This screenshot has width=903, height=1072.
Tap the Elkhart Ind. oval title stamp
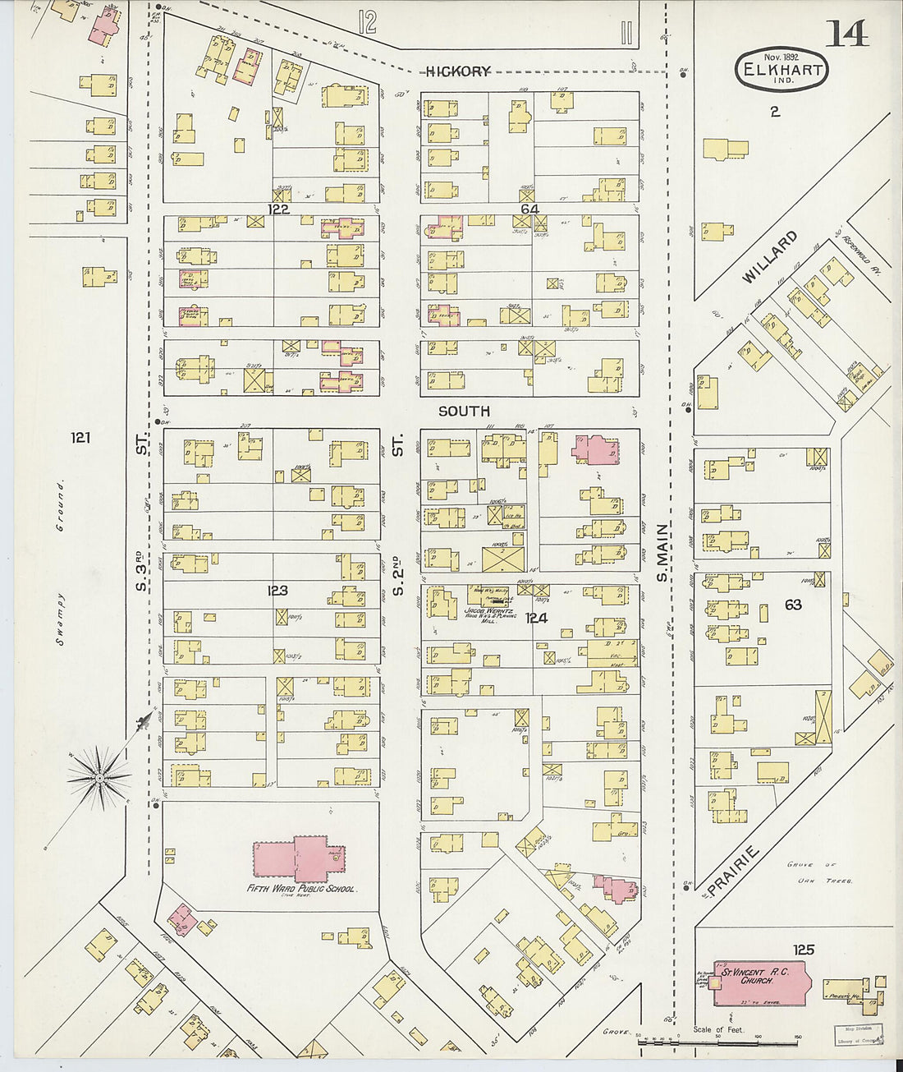(x=781, y=69)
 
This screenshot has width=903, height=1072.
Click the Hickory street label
(x=458, y=71)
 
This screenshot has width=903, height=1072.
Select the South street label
(x=464, y=411)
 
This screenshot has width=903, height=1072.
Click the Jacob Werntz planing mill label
(x=488, y=614)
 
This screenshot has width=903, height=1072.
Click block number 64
(x=529, y=210)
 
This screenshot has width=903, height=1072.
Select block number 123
(x=277, y=590)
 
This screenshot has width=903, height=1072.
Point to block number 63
(x=792, y=605)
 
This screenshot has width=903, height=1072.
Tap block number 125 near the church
(x=803, y=950)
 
